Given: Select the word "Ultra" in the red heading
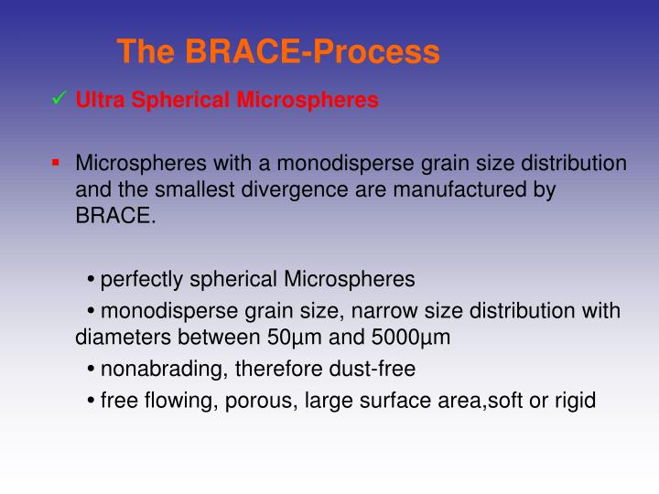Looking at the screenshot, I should point(97,101).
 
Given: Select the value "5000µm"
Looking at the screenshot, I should point(411,337).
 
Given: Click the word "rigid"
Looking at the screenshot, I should point(575,400).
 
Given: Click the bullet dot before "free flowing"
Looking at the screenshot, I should point(93,401).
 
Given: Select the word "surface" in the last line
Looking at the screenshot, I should point(402,400).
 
